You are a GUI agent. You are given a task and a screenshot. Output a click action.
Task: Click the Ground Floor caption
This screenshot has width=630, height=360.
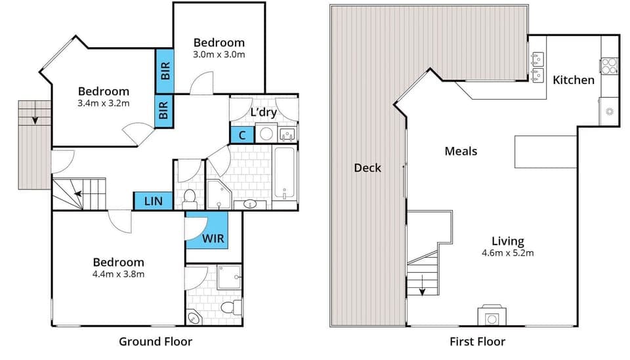tap(155, 341)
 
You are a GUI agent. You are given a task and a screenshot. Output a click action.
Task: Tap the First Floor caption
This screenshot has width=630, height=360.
tap(477, 341)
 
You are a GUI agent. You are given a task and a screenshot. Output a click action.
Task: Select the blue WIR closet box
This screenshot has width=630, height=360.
tap(207, 231)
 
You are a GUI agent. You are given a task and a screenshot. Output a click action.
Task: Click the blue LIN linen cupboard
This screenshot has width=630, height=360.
tap(153, 201)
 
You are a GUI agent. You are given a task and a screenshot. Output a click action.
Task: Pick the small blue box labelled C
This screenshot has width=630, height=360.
tap(241, 135)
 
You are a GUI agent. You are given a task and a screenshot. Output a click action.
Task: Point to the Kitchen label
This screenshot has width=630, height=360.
tap(574, 80)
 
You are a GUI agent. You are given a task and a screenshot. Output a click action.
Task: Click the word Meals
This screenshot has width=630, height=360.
tap(461, 151)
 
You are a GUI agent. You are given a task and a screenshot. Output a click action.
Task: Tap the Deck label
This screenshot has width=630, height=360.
tap(367, 168)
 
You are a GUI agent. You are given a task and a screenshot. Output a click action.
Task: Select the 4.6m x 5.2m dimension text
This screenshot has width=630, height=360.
tap(507, 253)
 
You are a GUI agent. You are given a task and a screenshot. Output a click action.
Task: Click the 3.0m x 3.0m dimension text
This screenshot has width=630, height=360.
tap(219, 54)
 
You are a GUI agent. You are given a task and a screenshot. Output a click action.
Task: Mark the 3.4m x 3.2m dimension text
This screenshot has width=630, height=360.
tap(103, 103)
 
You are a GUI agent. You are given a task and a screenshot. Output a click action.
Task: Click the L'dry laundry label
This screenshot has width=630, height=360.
tap(263, 112)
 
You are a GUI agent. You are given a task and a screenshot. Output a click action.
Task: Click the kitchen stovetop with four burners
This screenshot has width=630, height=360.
tap(608, 66)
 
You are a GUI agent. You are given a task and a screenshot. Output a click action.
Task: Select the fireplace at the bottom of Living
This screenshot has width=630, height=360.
tap(490, 316)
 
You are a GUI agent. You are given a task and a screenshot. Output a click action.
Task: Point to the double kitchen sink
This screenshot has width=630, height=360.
tap(537, 66)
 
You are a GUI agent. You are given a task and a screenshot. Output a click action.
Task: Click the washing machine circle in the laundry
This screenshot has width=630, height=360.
tap(266, 134)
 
